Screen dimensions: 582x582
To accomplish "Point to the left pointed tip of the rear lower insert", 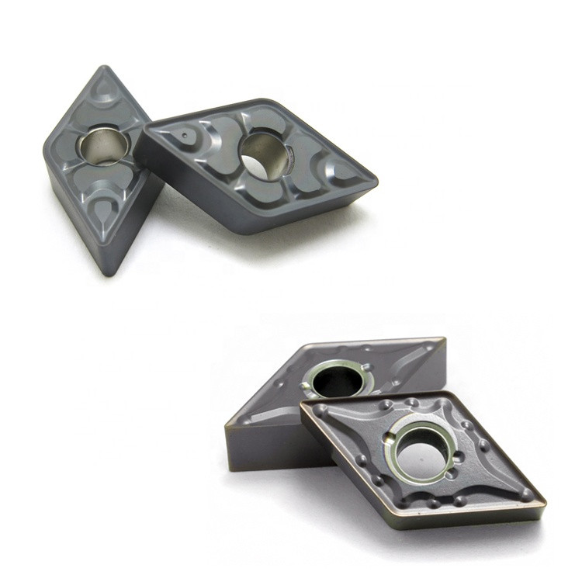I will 226,426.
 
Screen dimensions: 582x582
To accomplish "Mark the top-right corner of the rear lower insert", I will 444,339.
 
